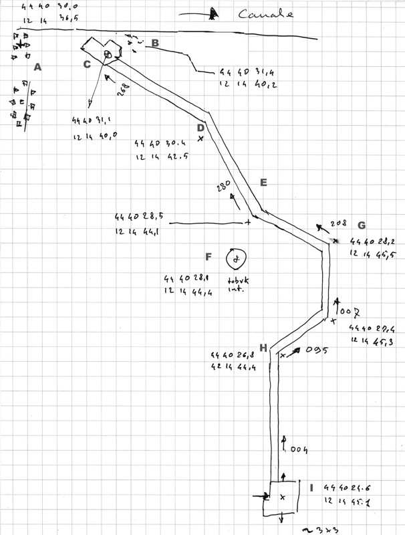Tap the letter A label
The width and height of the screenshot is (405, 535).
(x=37, y=67)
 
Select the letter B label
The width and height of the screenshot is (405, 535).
(x=154, y=43)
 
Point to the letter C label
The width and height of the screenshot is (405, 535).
(x=87, y=64)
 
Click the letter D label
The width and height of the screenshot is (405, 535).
(x=200, y=127)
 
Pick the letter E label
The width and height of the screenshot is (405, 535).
(x=263, y=183)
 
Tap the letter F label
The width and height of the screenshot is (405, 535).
(x=209, y=256)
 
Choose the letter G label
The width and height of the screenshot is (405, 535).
(x=362, y=225)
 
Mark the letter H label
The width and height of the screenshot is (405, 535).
(x=263, y=348)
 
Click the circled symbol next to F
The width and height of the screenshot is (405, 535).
(x=236, y=257)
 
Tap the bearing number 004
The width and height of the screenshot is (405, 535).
(x=299, y=450)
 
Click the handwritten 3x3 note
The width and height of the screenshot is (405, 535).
(x=323, y=528)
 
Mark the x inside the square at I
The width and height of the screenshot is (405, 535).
(x=282, y=497)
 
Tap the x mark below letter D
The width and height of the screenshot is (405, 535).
(x=200, y=138)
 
